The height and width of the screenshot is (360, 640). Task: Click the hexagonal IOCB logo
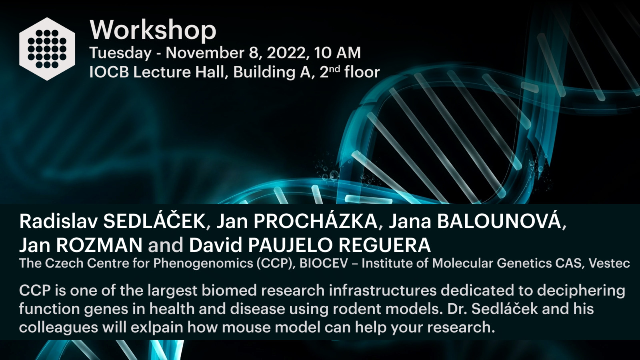[x=47, y=49]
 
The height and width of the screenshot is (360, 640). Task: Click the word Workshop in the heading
[x=153, y=30]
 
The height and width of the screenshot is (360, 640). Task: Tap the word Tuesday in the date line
[x=120, y=53]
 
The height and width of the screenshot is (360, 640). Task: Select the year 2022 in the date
[x=288, y=53]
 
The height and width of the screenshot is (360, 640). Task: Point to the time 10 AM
[x=338, y=53]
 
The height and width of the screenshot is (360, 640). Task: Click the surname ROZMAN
[x=99, y=245]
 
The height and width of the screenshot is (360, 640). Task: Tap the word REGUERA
[x=384, y=245]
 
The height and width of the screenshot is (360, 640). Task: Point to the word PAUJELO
[x=290, y=245]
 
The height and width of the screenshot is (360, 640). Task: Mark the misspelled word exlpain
[x=157, y=328]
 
